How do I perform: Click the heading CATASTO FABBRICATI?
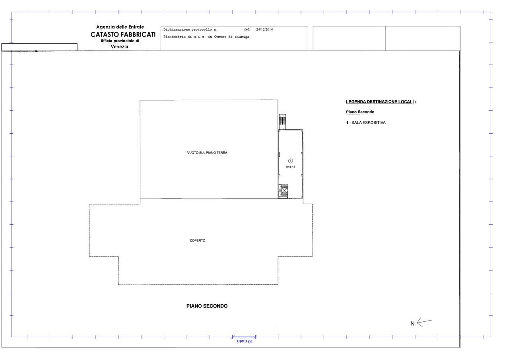(123, 34)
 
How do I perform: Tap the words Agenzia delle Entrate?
(120, 27)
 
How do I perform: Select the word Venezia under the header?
(120, 47)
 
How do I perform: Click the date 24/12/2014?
(264, 29)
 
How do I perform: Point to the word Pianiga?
(242, 37)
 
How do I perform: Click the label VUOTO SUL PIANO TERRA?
(207, 153)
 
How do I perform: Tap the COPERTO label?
(198, 240)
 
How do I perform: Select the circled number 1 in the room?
(290, 161)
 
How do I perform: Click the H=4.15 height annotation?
(290, 167)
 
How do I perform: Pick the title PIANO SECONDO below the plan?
(207, 306)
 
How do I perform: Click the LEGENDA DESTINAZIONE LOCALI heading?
(381, 102)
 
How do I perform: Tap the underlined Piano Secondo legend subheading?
(360, 112)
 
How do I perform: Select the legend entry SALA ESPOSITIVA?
(369, 123)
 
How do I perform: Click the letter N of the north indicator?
(412, 324)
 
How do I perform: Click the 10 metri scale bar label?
(245, 341)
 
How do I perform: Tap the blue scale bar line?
(244, 337)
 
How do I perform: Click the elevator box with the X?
(284, 190)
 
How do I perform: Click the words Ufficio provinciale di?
(120, 41)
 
